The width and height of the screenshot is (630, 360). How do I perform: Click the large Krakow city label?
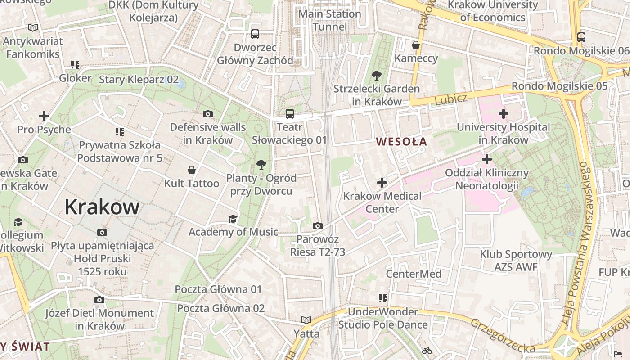[102, 207]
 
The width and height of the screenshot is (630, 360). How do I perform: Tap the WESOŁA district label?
[401, 142]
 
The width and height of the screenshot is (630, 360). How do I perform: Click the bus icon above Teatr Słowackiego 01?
[289, 114]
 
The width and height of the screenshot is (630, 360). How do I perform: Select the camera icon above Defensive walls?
[207, 114]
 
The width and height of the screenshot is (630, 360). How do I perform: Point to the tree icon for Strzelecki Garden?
[376, 76]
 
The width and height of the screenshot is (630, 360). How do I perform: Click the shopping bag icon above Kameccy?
[416, 45]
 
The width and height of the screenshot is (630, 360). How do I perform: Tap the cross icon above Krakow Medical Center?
[382, 183]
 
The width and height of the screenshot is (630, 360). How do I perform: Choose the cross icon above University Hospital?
[503, 114]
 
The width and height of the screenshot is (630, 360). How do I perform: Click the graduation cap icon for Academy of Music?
[233, 219]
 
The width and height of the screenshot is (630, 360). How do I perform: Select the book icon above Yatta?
[306, 320]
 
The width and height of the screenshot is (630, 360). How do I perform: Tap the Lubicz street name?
[451, 99]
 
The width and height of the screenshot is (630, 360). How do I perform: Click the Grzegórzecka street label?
[503, 336]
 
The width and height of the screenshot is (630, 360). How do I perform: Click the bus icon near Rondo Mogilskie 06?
[581, 37]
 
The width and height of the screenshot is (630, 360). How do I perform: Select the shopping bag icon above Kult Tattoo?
[192, 170]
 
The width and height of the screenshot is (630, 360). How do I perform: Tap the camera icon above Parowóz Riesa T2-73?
[317, 226]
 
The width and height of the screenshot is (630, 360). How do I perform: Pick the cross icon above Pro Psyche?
[44, 116]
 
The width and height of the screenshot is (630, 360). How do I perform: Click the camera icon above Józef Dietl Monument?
[99, 300]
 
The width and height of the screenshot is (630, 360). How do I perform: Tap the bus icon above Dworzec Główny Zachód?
[255, 34]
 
